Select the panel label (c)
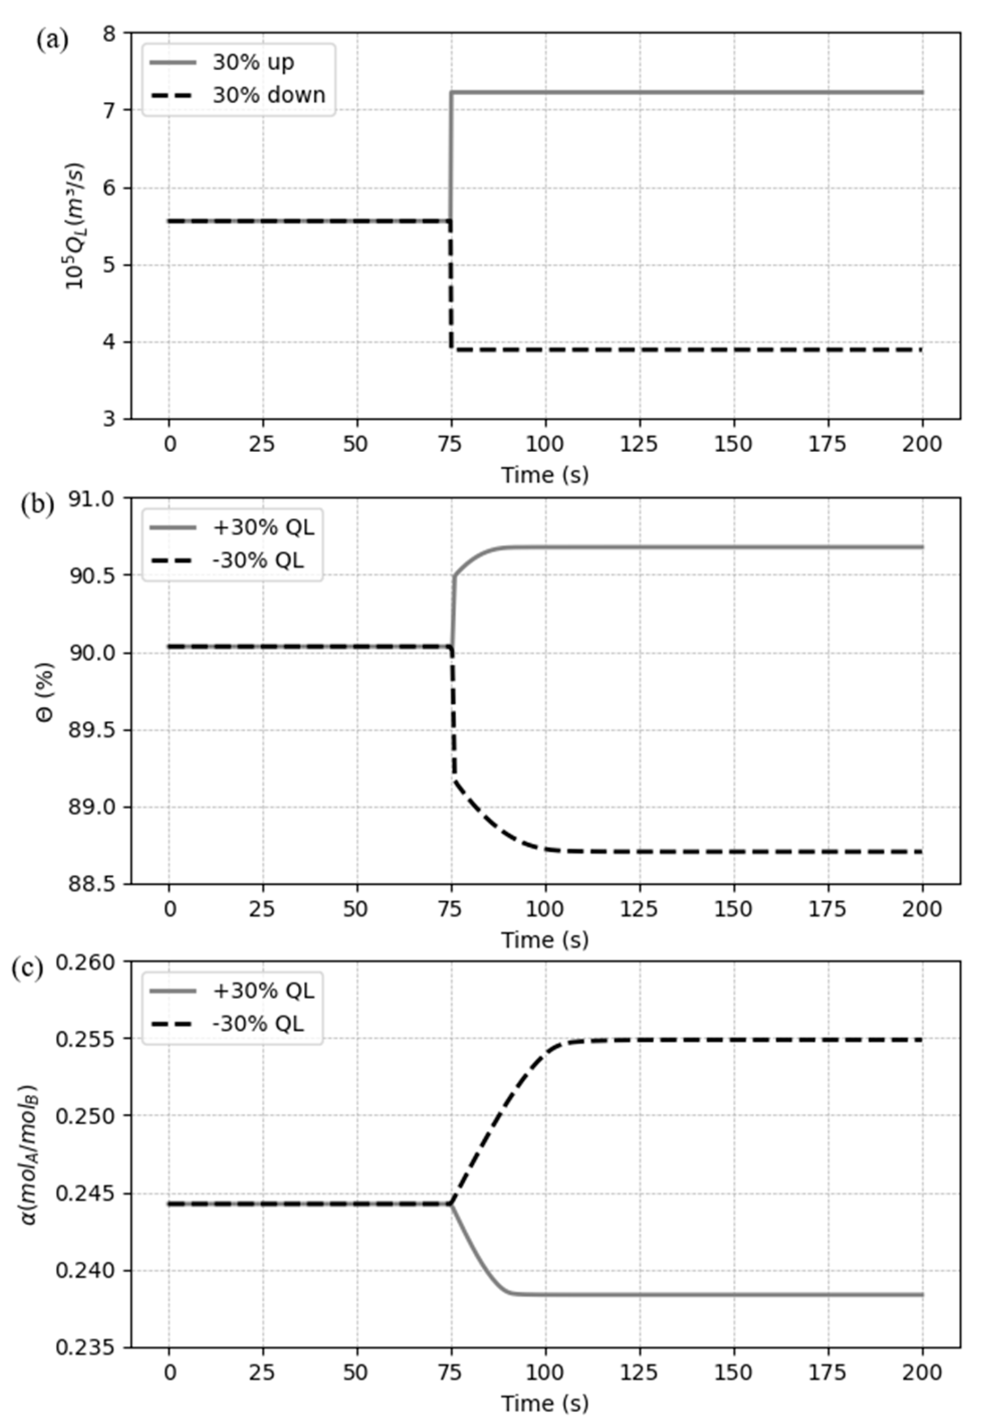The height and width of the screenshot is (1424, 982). pos(27,969)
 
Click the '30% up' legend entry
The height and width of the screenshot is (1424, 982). pos(253,62)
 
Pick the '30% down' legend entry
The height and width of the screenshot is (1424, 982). pos(268,96)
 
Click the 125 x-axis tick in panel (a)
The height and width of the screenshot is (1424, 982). pos(639,444)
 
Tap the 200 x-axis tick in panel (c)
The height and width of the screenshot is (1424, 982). pos(922,1373)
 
